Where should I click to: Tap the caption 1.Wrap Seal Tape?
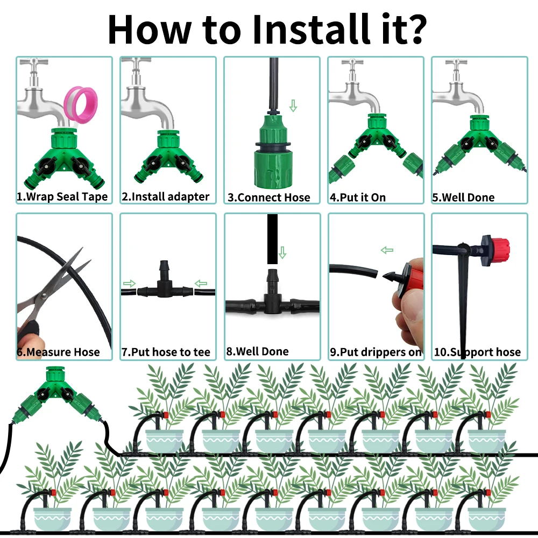(x=62, y=196)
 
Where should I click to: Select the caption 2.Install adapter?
(x=165, y=196)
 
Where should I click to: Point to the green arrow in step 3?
(x=293, y=105)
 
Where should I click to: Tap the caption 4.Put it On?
(x=358, y=197)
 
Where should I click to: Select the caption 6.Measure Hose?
(x=58, y=352)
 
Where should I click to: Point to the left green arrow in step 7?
(x=129, y=284)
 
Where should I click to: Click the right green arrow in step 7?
(x=201, y=284)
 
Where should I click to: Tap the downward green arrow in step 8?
(x=282, y=252)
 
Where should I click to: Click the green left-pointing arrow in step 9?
(x=387, y=250)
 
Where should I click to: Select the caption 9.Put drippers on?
(x=376, y=352)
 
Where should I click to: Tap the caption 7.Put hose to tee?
(x=166, y=352)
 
